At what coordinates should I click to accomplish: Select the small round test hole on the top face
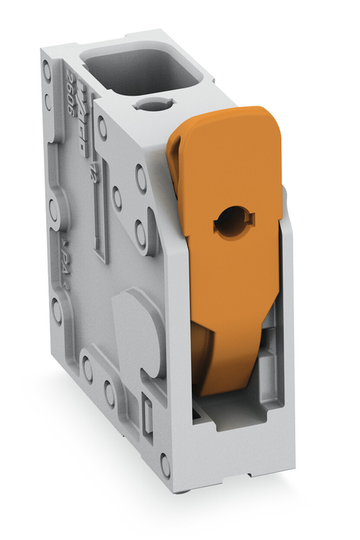152,105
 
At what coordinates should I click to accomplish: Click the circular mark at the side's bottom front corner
165,465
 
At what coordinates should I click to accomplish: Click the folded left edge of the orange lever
175,155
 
